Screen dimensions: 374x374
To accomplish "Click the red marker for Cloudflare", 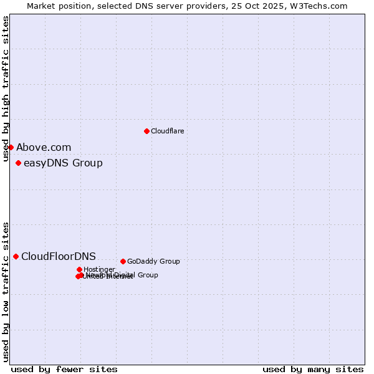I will coord(146,131).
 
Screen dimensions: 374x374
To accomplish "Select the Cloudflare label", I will coord(167,131).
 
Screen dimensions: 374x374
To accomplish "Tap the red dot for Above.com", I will coord(11,147).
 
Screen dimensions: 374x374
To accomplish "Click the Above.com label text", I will coord(44,148).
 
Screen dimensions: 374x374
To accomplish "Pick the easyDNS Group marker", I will coord(18,163).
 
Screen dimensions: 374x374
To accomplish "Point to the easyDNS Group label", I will coord(63,163).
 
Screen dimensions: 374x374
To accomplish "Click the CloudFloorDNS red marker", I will coord(16,256).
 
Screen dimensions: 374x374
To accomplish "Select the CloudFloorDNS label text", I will coord(59,257).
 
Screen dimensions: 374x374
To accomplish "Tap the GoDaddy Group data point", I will coord(123,261).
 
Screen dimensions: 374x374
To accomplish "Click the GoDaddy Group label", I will coord(153,261).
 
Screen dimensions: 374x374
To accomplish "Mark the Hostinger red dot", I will coord(79,269).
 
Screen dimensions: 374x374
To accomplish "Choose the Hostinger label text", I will coord(99,269).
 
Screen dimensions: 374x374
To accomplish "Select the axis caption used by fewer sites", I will coord(64,369).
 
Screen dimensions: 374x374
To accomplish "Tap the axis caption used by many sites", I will coord(313,369).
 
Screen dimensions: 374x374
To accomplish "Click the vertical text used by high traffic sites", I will coord(6,89).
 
